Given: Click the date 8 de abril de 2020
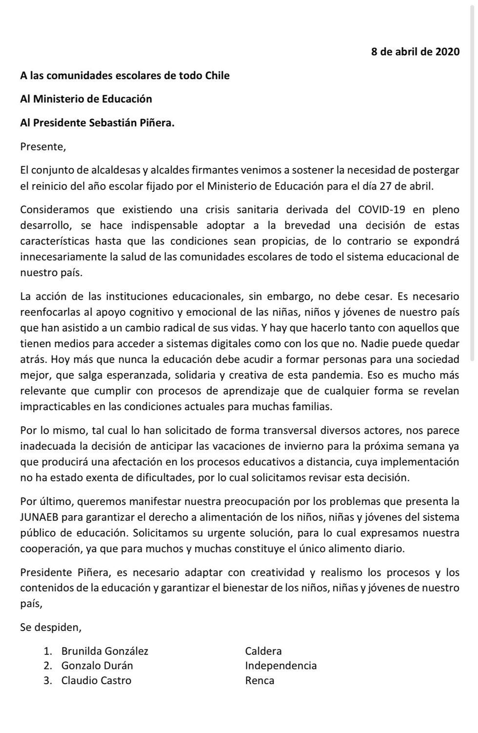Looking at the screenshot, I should click(x=415, y=52).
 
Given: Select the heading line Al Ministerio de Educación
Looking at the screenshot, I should click(x=86, y=99).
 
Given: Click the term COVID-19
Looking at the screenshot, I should click(x=381, y=210).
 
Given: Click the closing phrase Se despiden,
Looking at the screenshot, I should click(x=51, y=627).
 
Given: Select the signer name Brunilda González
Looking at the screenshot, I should click(x=105, y=651).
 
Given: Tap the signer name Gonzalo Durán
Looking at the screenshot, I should click(x=97, y=666).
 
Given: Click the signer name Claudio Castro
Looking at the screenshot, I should click(x=96, y=680).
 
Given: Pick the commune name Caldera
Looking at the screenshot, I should click(x=263, y=651).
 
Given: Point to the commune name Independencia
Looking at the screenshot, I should click(x=281, y=666).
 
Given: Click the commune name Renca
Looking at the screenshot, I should click(x=259, y=680).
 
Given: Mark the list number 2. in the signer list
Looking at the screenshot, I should click(x=48, y=666).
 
